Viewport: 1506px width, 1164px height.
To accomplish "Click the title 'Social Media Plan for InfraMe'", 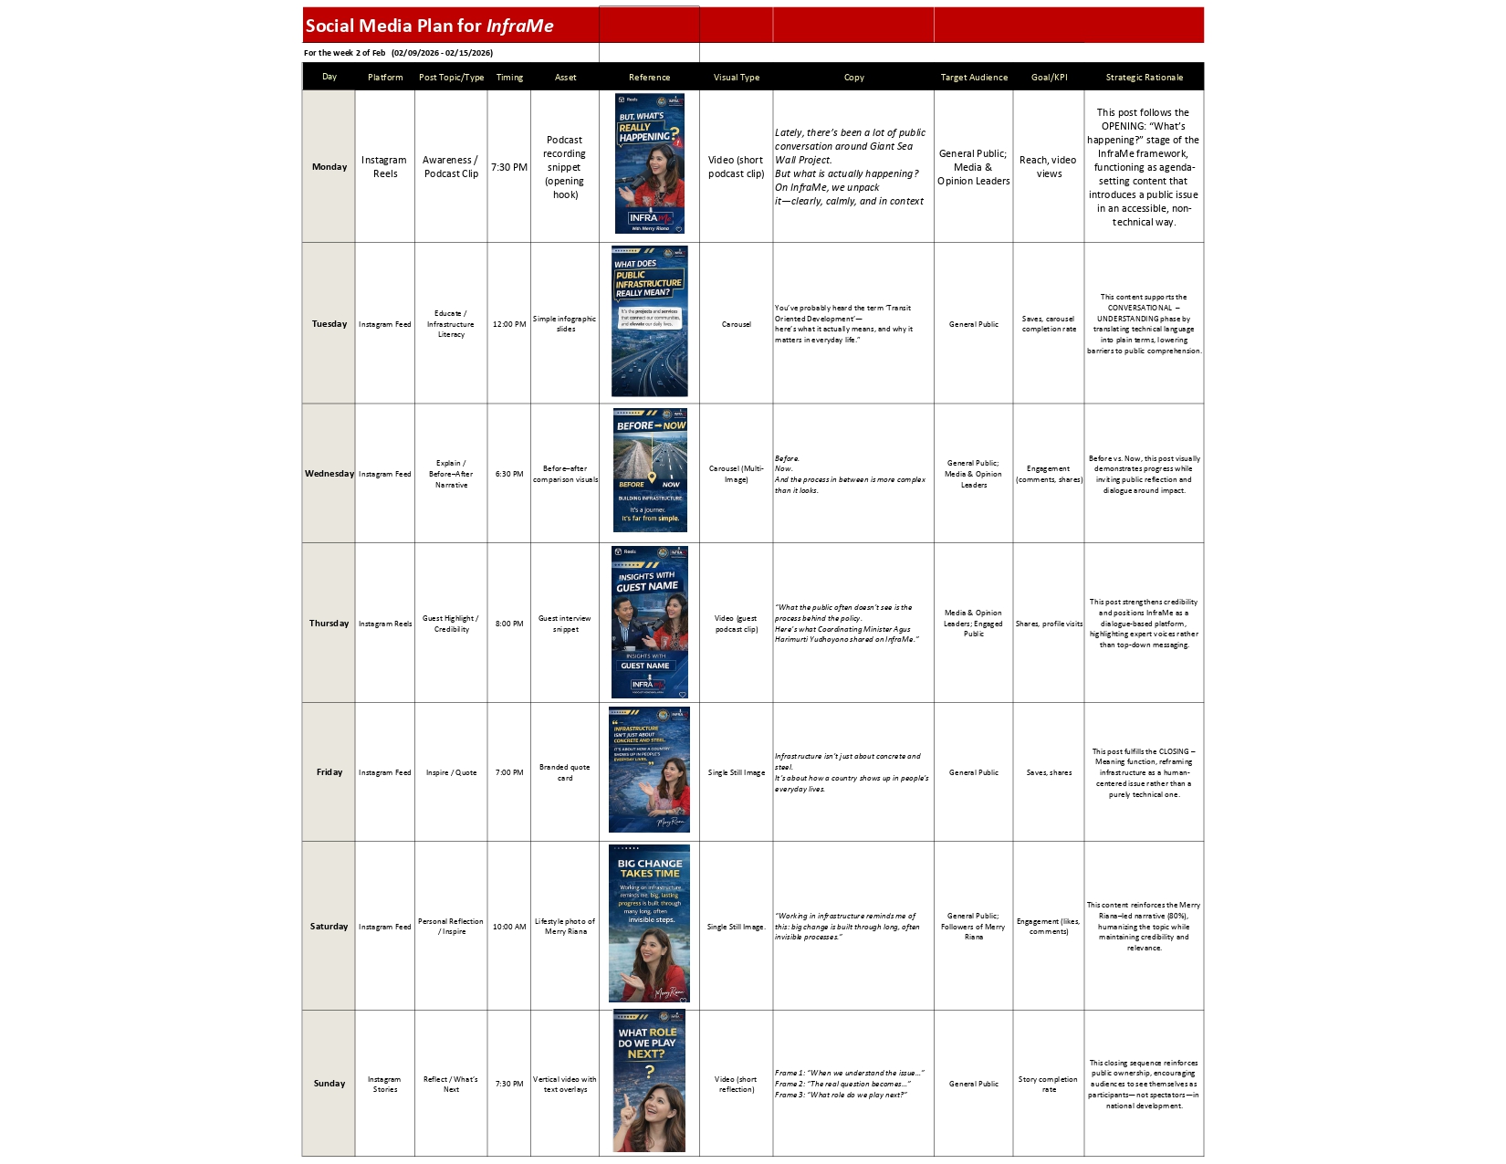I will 429,26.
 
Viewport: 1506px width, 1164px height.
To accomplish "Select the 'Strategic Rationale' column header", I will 1144,78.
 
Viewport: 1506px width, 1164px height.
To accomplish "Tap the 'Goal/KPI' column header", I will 1049,78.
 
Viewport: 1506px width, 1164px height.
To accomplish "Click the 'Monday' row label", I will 329,167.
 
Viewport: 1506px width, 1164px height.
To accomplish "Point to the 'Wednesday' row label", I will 329,474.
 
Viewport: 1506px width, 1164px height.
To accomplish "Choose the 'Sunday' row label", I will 329,1084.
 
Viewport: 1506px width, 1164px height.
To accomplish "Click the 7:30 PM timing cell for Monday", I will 509,167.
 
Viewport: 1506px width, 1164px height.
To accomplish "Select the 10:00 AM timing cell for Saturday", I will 509,927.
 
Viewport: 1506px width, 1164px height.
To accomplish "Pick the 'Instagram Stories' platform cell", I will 384,1084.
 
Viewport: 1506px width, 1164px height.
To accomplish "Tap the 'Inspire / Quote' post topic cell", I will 451,772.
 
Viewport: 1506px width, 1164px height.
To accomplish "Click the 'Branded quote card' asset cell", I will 565,772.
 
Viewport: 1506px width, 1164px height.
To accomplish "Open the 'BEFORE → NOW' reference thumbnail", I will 650,470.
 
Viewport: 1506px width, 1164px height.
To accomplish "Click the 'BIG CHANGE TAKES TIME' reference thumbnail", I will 649,923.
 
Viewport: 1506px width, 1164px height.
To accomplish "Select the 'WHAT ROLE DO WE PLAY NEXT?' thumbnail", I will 649,1082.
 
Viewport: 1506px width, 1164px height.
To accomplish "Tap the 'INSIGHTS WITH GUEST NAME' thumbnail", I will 649,623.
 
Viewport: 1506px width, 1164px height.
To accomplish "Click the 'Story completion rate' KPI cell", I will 1049,1084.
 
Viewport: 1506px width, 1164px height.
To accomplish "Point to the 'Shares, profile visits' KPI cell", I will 1049,624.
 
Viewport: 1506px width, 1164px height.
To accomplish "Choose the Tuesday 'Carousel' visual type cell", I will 737,324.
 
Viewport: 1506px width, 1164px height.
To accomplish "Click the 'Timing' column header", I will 509,78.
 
